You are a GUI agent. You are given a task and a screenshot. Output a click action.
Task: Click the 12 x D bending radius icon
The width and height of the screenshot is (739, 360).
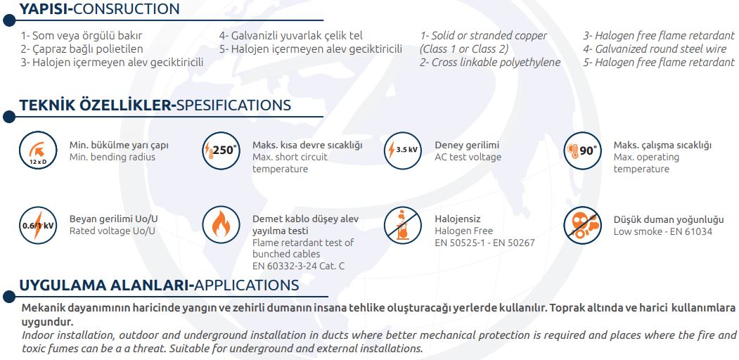coord(38,150)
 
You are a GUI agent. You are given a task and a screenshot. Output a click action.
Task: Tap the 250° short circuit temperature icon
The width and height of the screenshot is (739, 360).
coord(221,150)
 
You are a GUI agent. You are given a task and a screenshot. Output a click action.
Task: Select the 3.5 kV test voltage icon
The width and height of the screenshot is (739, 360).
coord(402,150)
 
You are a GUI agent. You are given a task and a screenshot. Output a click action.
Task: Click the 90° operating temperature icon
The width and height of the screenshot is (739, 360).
coord(582,150)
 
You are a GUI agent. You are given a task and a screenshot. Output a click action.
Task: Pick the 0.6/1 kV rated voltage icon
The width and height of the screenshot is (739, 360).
coord(38,225)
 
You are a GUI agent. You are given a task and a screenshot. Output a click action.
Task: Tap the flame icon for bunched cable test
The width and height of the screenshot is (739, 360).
coord(221,225)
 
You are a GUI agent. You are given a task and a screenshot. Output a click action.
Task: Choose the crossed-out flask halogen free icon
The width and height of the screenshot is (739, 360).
coord(402,225)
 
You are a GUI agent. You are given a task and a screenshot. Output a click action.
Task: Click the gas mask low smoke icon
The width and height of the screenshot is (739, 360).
coord(582,225)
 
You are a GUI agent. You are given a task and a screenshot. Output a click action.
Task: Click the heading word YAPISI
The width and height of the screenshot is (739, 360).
coord(43,9)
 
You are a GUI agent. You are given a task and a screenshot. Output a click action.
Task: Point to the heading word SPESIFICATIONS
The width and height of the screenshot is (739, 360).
coord(233,105)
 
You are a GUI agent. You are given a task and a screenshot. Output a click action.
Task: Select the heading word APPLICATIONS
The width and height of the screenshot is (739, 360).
coord(247,285)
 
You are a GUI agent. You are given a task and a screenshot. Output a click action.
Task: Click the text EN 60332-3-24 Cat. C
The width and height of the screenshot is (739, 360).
coord(298,266)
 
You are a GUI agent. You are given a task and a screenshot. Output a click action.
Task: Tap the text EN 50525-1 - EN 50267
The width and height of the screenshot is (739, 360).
coord(484,243)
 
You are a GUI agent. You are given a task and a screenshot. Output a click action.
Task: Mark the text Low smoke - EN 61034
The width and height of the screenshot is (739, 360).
coord(662,231)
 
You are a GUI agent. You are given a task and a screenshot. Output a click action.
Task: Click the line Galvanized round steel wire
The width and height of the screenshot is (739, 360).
coord(660,49)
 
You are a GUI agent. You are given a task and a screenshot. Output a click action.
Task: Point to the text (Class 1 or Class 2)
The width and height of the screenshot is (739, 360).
coord(464,49)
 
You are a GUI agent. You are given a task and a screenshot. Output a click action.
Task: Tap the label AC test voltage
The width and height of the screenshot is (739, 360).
coord(468,157)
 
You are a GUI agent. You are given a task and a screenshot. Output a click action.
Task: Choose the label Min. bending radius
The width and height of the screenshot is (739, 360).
coord(113,157)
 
